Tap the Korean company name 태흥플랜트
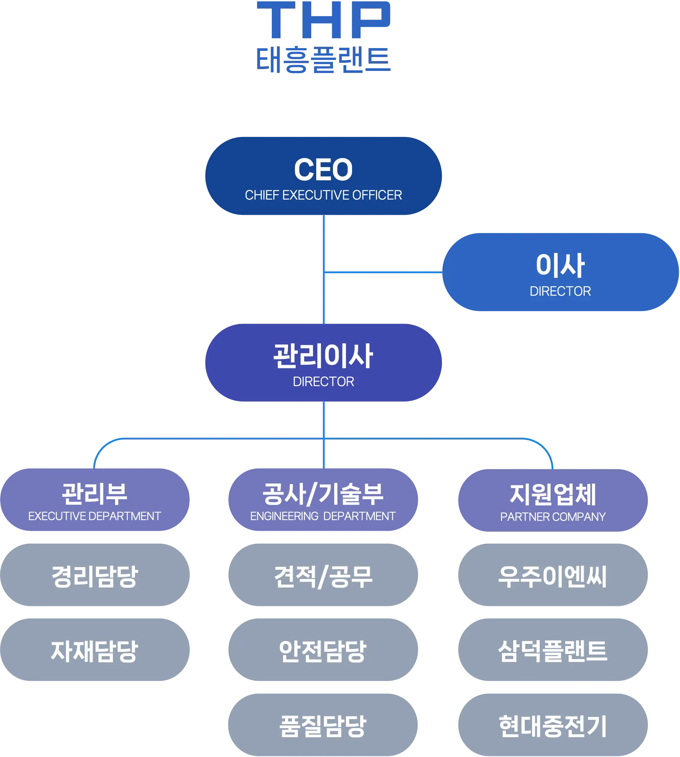coord(323,60)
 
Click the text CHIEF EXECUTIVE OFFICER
coord(323,195)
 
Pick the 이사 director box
coord(560,272)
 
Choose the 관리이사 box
coord(324,362)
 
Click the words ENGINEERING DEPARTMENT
coord(323,516)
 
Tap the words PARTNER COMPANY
coord(553,517)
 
